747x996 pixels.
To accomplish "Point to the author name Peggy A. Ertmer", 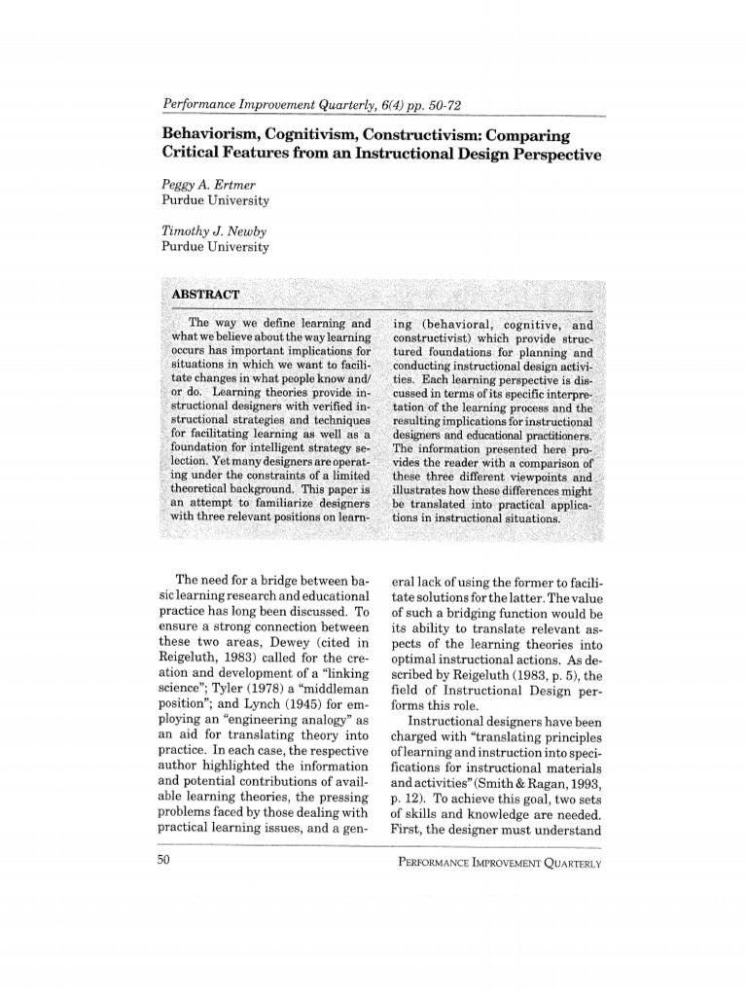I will [208, 183].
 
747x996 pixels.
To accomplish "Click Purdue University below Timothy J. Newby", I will [215, 246].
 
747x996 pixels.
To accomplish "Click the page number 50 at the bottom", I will [162, 861].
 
